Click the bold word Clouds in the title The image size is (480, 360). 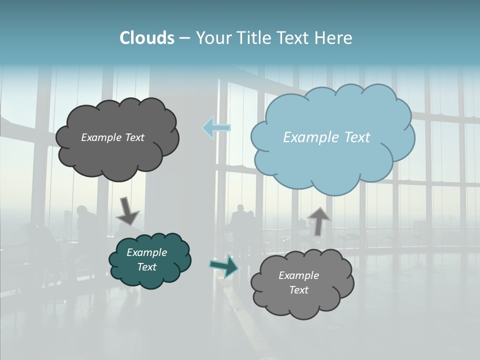tap(146, 37)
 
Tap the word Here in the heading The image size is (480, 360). tap(335, 37)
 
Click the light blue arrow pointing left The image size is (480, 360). tap(216, 127)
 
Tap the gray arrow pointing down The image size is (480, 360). tap(127, 210)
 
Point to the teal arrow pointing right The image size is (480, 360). tap(224, 265)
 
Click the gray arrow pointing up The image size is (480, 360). tap(318, 221)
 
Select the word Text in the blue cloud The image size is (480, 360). tap(357, 137)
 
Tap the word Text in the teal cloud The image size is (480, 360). tap(147, 267)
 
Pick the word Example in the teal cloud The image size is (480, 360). tap(147, 252)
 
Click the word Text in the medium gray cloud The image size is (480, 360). tap(299, 290)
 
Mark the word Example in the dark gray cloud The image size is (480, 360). tap(100, 137)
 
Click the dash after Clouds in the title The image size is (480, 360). tap(184, 38)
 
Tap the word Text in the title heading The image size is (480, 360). tap(294, 37)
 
